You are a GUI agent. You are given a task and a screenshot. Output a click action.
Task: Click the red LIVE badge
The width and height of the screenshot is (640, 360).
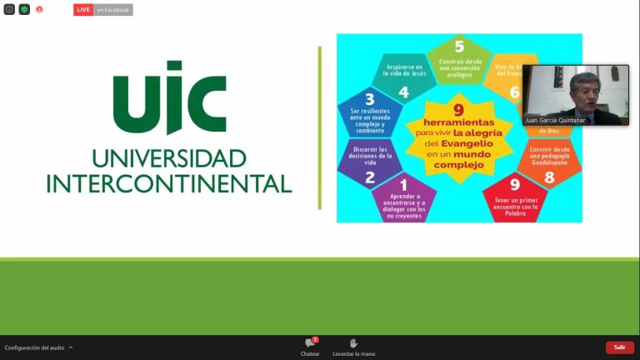click(x=83, y=10)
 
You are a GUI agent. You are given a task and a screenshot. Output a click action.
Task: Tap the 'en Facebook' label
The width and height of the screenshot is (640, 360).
click(x=112, y=10)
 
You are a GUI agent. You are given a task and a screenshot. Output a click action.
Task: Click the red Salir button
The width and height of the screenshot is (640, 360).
click(x=619, y=347)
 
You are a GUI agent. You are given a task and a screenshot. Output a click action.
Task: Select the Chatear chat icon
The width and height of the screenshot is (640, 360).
click(x=310, y=343)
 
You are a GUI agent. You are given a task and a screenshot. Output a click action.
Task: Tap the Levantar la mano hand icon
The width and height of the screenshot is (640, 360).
click(x=353, y=343)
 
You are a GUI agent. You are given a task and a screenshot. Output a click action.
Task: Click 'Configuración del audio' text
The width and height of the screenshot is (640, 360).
click(x=34, y=347)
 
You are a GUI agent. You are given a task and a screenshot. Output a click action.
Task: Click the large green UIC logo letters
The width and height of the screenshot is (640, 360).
click(x=169, y=97)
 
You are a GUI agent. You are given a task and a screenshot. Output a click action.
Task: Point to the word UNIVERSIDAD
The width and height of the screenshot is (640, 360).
click(x=169, y=158)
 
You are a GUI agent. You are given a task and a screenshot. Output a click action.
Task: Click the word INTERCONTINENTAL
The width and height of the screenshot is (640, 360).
click(x=169, y=183)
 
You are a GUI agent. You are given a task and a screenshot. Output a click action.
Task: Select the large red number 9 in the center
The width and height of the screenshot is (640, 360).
click(x=458, y=110)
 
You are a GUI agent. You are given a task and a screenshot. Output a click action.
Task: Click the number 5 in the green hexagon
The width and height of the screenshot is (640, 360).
click(x=459, y=47)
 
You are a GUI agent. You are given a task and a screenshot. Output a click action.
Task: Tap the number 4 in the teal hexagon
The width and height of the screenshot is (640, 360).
click(x=403, y=92)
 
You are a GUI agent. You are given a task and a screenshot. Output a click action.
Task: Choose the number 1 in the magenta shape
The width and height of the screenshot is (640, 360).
click(x=404, y=185)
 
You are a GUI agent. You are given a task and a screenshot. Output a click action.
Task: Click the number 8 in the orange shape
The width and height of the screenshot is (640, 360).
click(x=549, y=177)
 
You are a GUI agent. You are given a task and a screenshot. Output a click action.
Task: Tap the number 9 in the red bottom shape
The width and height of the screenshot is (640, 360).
click(x=514, y=185)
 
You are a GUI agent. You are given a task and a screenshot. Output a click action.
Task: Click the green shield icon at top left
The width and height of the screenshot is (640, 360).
click(x=24, y=9)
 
